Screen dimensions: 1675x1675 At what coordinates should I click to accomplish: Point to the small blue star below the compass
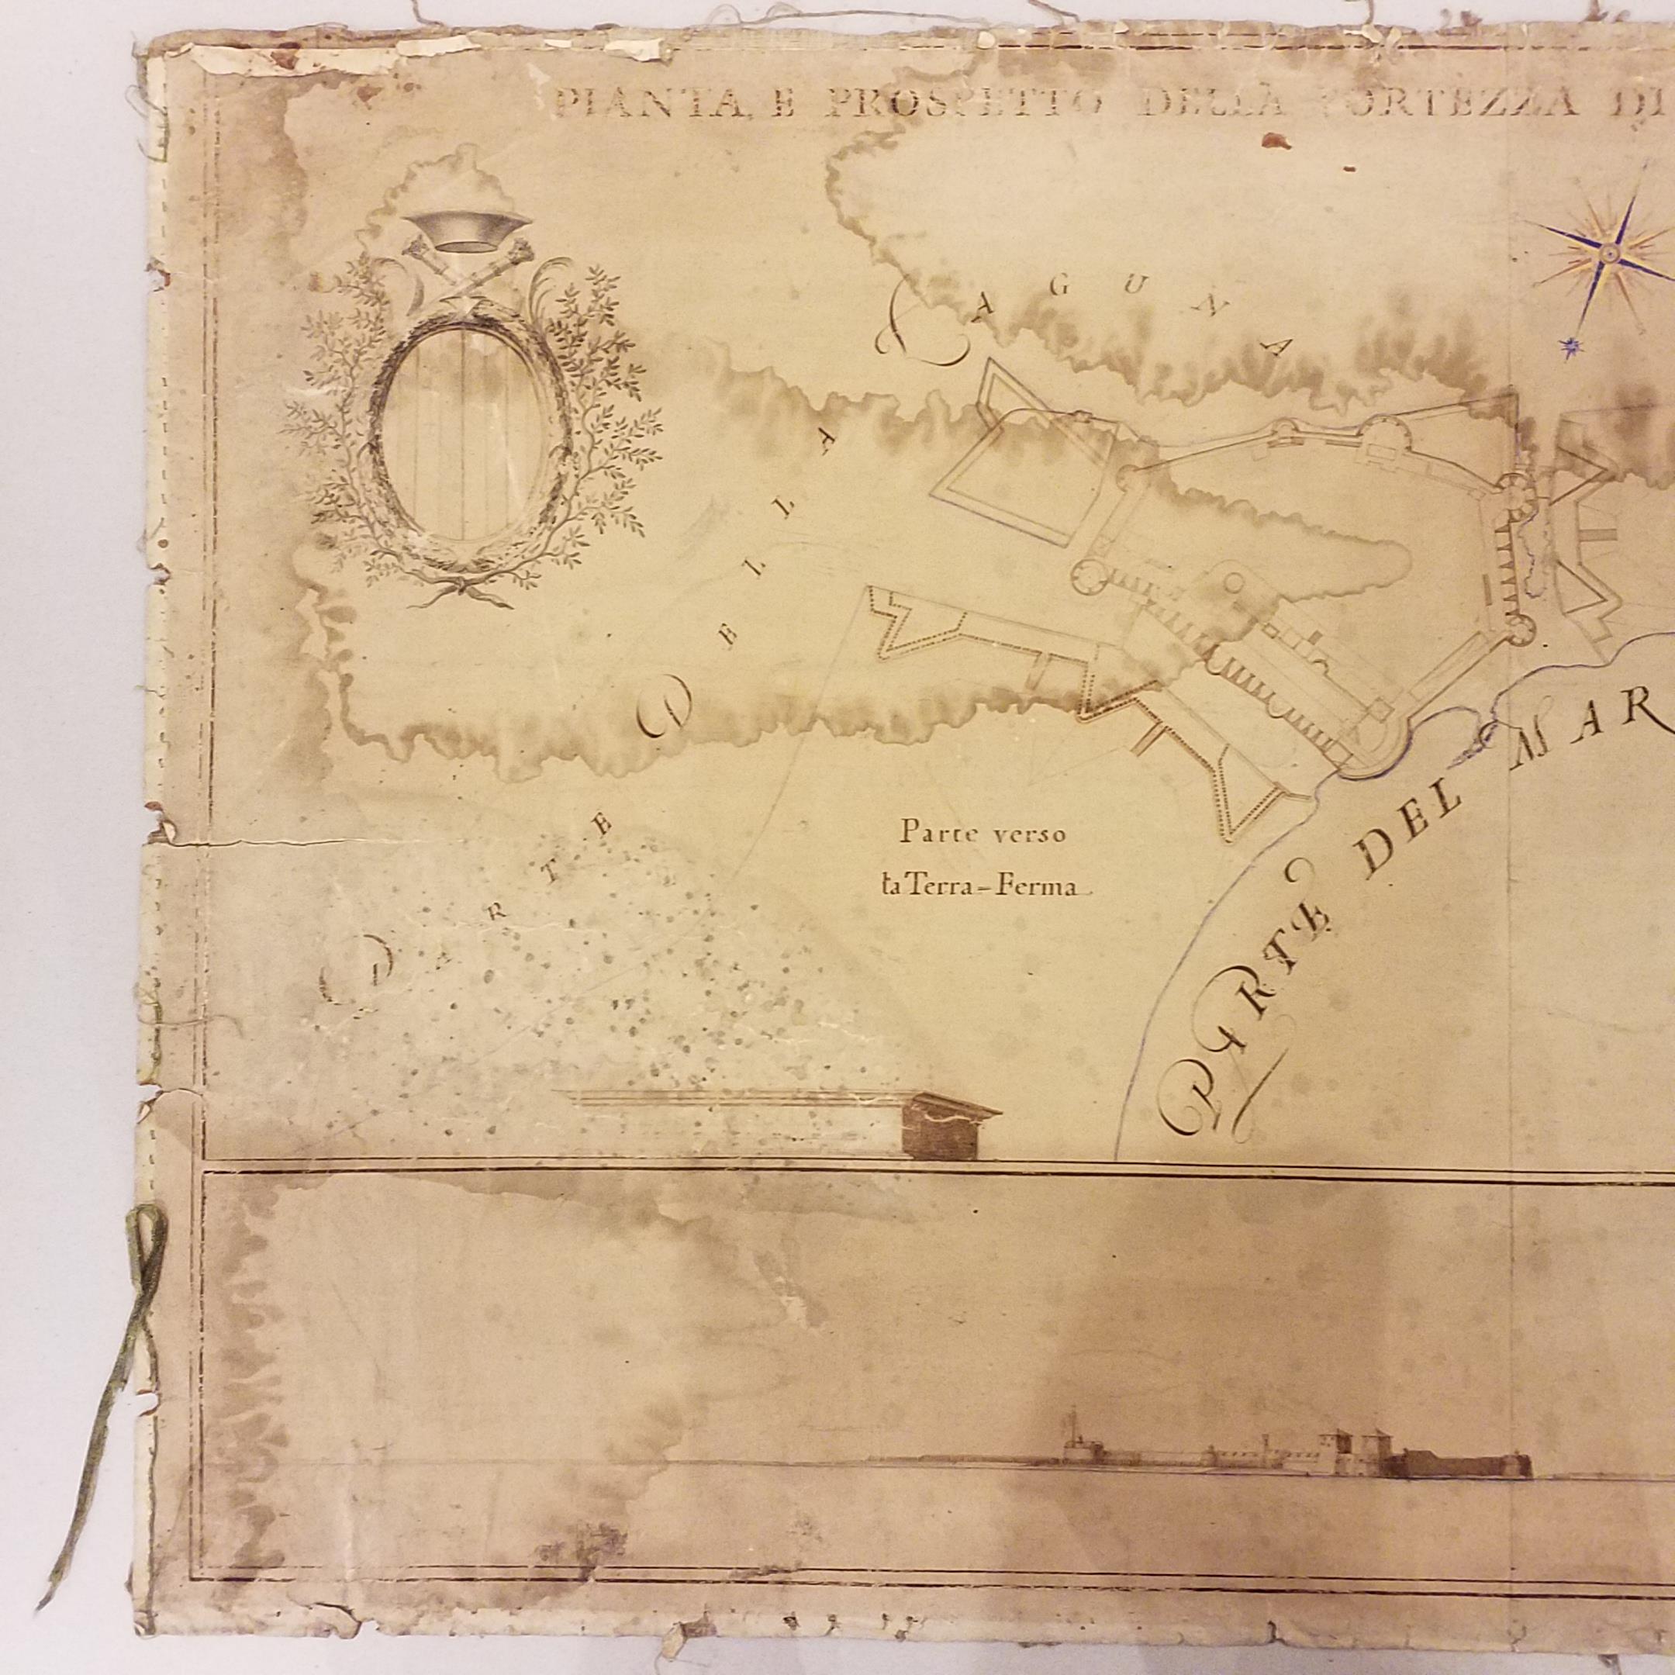[x=1568, y=347]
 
